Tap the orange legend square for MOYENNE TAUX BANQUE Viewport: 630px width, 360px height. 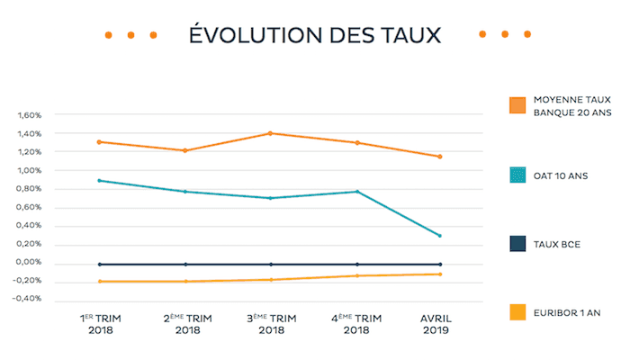pos(517,105)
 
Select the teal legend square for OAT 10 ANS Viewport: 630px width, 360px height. pos(517,175)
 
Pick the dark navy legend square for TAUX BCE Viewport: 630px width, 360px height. pos(517,243)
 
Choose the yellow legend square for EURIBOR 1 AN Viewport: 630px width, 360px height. pos(517,312)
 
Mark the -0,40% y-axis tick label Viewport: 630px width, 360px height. pos(28,299)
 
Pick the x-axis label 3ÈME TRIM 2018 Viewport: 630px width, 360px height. pos(270,324)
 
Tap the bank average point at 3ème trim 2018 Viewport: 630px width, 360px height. pos(270,133)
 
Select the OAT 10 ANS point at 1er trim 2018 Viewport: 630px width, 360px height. pos(101,180)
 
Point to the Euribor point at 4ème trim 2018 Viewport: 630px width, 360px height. pos(356,275)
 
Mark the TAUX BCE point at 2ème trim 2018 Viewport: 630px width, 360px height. pos(185,265)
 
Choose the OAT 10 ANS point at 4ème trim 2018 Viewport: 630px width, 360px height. pos(356,191)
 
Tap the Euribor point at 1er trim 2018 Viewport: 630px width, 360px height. pos(101,282)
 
